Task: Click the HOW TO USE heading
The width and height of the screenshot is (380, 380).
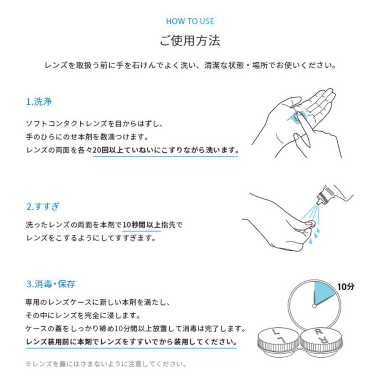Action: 190,21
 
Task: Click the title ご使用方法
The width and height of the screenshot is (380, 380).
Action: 190,41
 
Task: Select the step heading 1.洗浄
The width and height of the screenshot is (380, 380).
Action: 39,102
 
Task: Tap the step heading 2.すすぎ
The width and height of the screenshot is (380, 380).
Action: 43,207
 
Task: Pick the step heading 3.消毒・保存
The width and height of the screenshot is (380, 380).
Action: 51,284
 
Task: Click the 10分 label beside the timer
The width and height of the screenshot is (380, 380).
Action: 346,287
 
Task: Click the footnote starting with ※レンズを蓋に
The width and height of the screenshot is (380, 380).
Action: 106,364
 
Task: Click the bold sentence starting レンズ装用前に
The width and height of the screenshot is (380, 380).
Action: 131,341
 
